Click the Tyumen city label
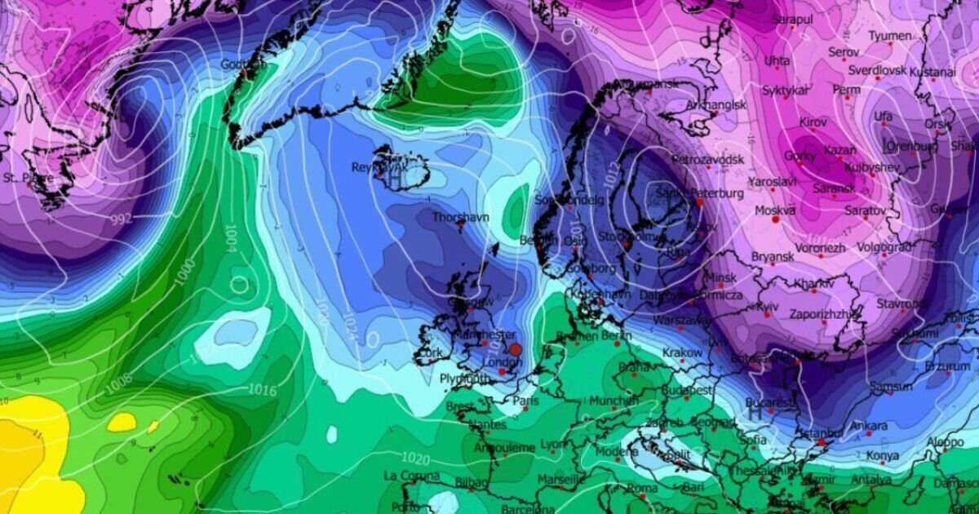click(889, 37)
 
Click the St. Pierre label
click(22, 177)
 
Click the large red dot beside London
click(515, 348)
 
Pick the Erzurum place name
click(947, 368)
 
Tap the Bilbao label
click(471, 483)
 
